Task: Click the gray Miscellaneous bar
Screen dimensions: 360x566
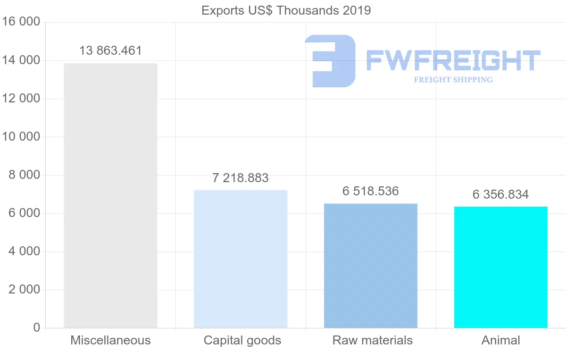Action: point(110,195)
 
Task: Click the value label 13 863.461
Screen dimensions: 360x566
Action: point(110,51)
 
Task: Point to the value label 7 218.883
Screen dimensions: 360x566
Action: point(241,178)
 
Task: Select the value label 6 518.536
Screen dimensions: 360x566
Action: point(371,192)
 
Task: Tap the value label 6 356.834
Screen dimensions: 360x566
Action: point(501,194)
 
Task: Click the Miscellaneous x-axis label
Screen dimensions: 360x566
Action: point(110,340)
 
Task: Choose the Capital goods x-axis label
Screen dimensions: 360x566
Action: point(242,340)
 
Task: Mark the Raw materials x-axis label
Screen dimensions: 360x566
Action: point(373,340)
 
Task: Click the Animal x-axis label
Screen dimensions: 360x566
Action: point(501,340)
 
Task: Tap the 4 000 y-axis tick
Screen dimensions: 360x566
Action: point(24,251)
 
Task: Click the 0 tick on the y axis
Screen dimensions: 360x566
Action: point(37,328)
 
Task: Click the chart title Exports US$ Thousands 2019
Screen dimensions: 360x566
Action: point(286,10)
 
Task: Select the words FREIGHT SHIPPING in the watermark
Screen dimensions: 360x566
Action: point(453,80)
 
